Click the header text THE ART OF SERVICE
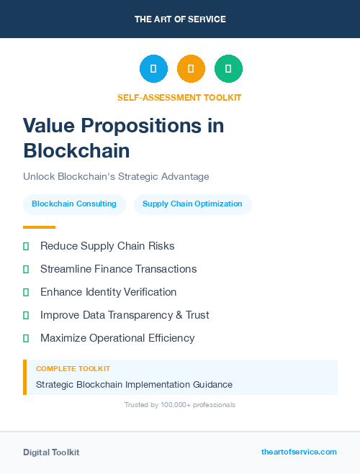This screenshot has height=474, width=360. pyautogui.click(x=180, y=19)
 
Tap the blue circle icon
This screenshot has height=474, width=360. pyautogui.click(x=153, y=69)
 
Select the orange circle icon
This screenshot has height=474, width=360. pyautogui.click(x=191, y=69)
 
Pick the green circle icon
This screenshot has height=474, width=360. pyautogui.click(x=228, y=69)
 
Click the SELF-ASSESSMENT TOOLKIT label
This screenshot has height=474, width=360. pyautogui.click(x=179, y=97)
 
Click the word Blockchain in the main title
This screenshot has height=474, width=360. pyautogui.click(x=76, y=150)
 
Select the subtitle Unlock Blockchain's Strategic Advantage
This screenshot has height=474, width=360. pyautogui.click(x=116, y=176)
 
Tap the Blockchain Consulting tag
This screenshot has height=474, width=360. pyautogui.click(x=74, y=204)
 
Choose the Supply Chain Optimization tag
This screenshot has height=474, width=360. pyautogui.click(x=192, y=204)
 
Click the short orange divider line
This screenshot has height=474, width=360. pyautogui.click(x=39, y=227)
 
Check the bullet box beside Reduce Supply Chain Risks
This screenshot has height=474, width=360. pyautogui.click(x=26, y=246)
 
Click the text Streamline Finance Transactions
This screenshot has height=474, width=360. pyautogui.click(x=118, y=269)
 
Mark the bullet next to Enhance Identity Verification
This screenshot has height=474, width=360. pyautogui.click(x=26, y=292)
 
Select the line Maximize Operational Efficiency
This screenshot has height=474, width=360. pyautogui.click(x=117, y=338)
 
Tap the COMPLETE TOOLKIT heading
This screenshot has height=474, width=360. pyautogui.click(x=73, y=368)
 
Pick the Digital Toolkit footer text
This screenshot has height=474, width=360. pyautogui.click(x=51, y=452)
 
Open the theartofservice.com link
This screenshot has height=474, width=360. pyautogui.click(x=299, y=452)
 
